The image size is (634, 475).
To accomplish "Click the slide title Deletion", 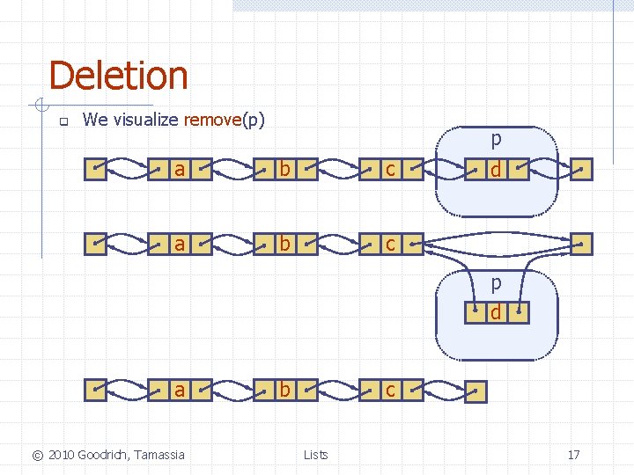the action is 118,76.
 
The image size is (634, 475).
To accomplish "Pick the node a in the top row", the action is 180,169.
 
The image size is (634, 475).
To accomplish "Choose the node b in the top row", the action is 284,169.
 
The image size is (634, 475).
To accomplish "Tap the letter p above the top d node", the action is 497,139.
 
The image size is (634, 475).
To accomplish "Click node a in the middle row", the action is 180,244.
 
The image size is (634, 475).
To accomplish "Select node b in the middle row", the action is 284,244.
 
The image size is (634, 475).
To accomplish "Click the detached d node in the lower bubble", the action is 497,311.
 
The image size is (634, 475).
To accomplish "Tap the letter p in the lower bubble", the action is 497,283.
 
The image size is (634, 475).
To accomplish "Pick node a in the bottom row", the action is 180,389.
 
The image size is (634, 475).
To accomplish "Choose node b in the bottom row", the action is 284,389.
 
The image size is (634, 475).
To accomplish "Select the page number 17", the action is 573,455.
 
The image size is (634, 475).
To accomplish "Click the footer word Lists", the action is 315,455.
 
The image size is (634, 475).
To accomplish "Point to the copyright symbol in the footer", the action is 37,455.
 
